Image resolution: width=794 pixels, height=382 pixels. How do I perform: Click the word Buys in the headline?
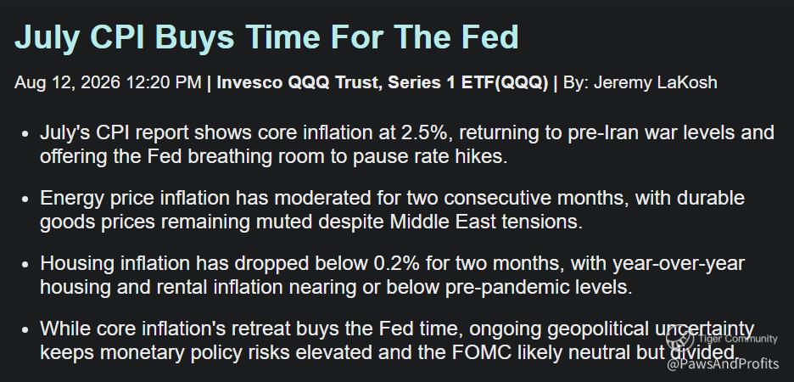[194, 37]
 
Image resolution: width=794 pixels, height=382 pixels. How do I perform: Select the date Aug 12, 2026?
[67, 82]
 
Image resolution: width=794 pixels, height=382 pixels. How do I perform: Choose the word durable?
[715, 198]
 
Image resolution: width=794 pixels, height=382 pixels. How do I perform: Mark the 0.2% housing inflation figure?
[396, 263]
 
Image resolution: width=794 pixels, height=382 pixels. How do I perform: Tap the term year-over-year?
[679, 264]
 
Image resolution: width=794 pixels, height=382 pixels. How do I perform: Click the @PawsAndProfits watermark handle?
[723, 364]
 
